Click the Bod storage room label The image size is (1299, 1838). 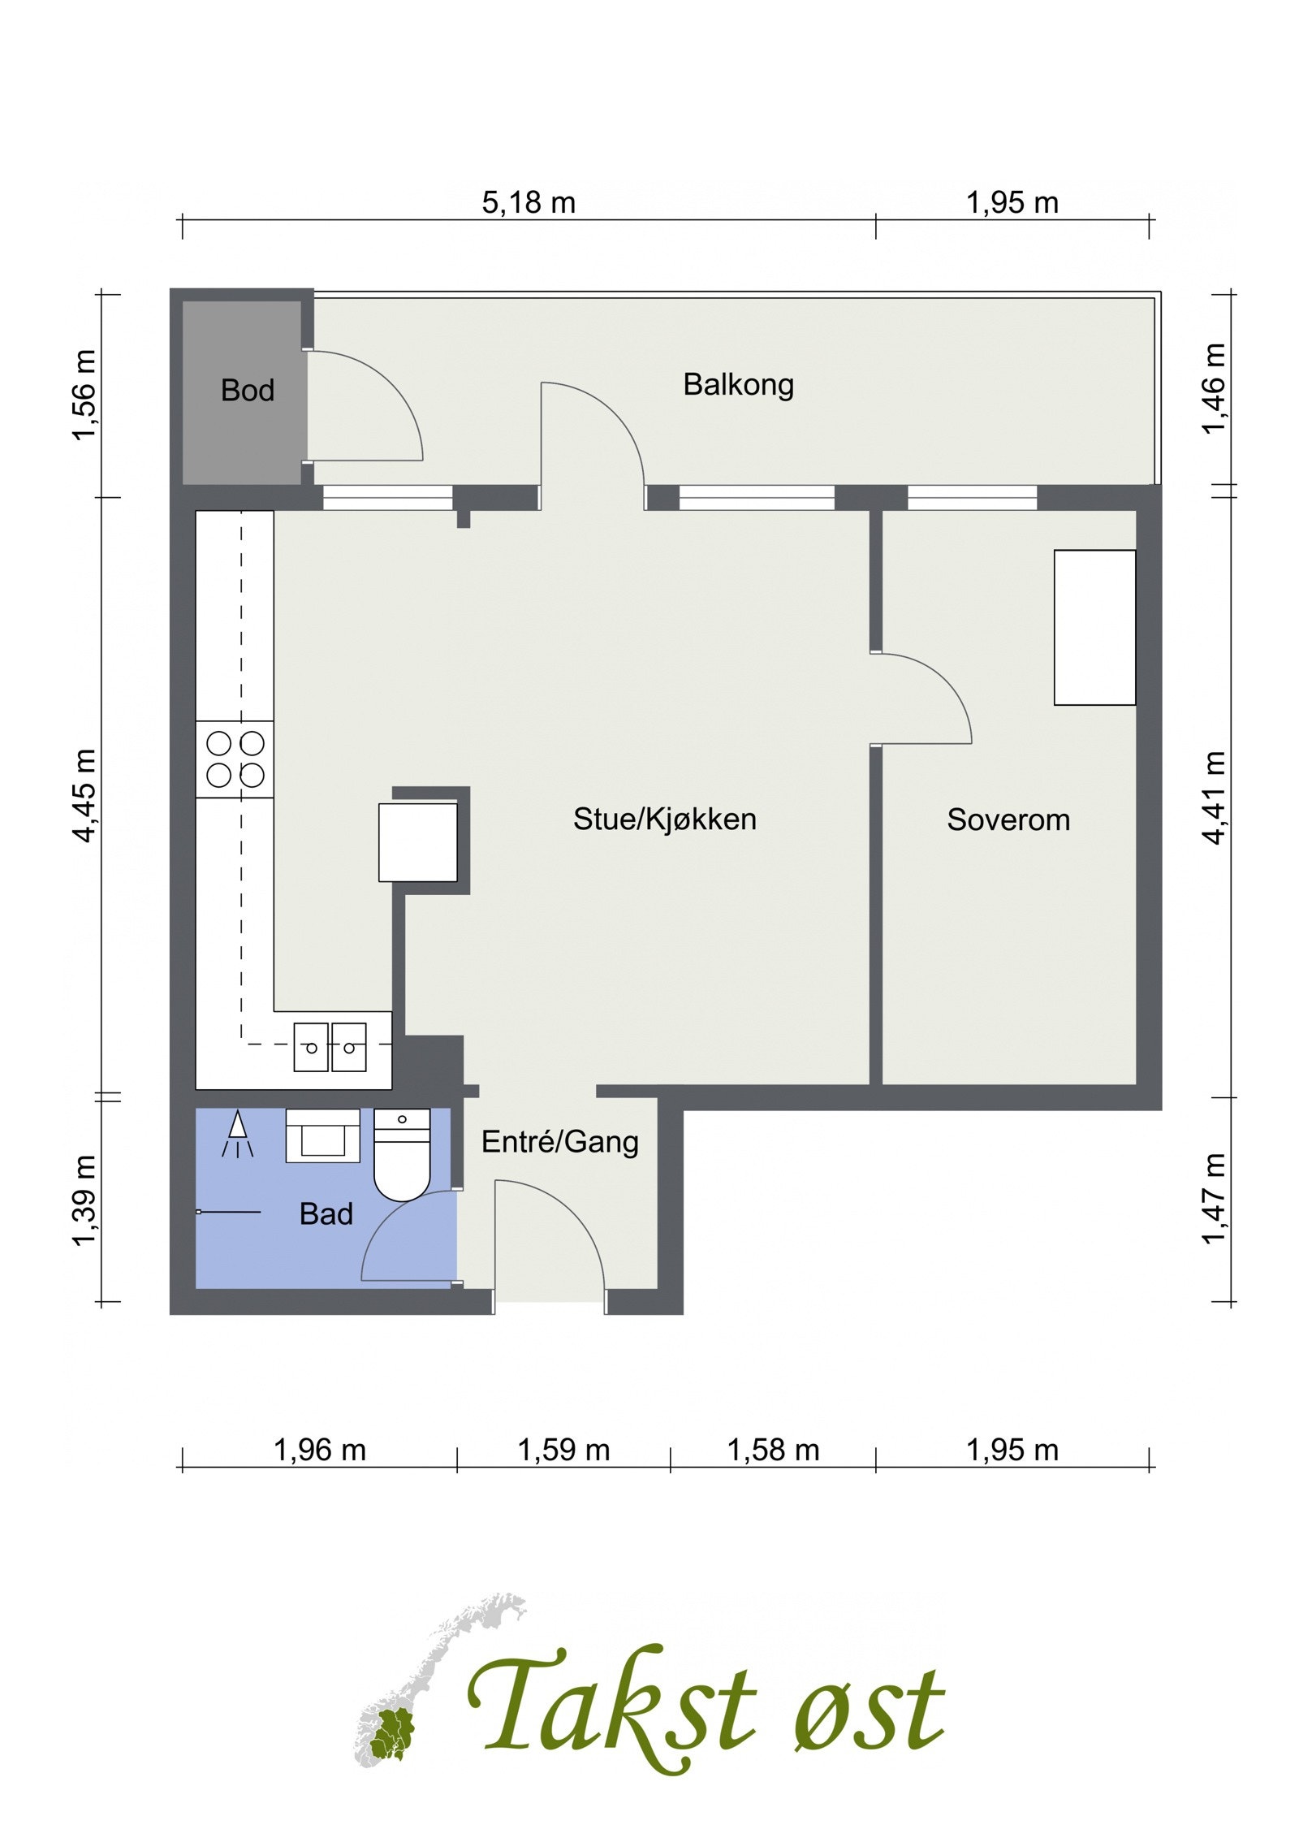248,391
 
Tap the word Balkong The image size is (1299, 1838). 738,385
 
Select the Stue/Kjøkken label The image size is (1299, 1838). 665,820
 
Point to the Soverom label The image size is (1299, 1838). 1008,820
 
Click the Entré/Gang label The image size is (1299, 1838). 560,1143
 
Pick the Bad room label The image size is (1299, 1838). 326,1215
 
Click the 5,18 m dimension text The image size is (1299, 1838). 529,202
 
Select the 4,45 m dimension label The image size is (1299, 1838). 84,795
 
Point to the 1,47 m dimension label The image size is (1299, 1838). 1213,1199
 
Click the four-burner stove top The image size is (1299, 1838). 235,759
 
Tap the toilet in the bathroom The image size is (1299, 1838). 402,1154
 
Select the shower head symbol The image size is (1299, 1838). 238,1133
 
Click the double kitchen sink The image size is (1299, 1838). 330,1047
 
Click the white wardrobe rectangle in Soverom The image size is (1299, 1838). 1094,628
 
